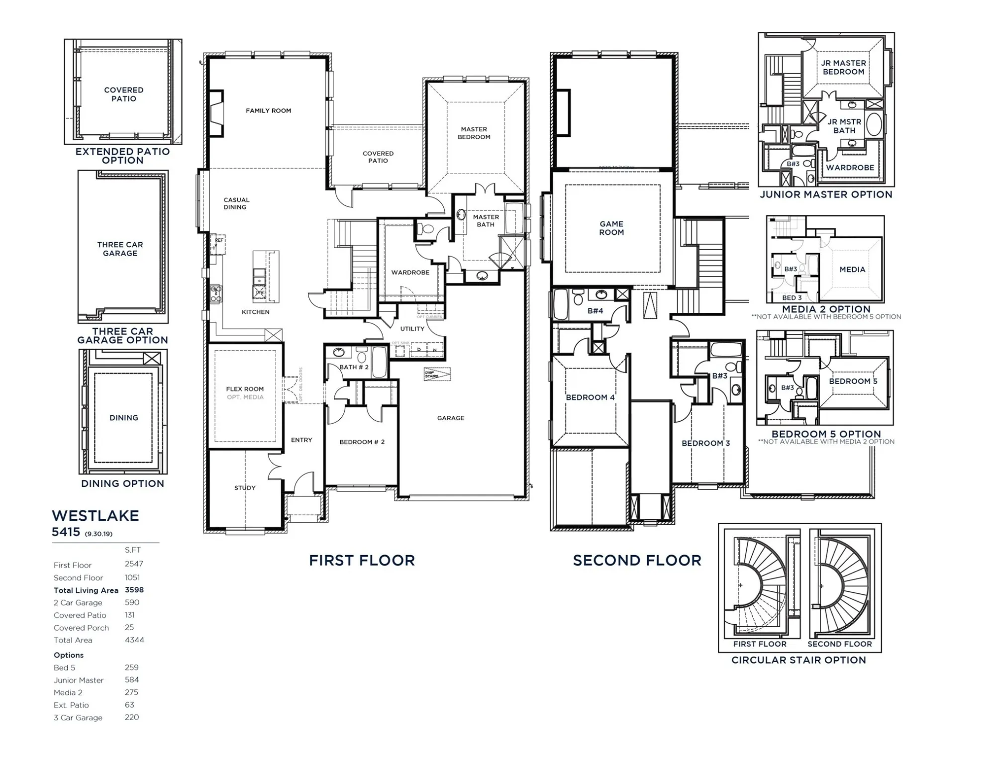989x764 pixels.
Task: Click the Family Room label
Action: pyautogui.click(x=268, y=111)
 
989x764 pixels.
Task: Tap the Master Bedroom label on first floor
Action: pyautogui.click(x=474, y=133)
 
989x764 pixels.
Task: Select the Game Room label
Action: pyautogui.click(x=611, y=228)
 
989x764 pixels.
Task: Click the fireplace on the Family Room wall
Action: pyautogui.click(x=215, y=113)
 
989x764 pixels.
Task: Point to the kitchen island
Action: pyautogui.click(x=265, y=277)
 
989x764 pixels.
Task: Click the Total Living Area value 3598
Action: pyautogui.click(x=134, y=590)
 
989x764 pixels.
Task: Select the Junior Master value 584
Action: pyautogui.click(x=132, y=680)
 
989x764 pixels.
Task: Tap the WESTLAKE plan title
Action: pyautogui.click(x=96, y=516)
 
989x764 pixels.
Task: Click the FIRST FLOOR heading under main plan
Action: pyautogui.click(x=362, y=561)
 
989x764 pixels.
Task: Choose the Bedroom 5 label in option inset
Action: pyautogui.click(x=853, y=382)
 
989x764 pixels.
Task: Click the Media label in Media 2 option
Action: pyautogui.click(x=852, y=270)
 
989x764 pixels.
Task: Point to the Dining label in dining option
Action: pyautogui.click(x=123, y=418)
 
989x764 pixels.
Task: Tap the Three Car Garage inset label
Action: pyautogui.click(x=120, y=249)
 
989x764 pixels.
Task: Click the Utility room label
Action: pyautogui.click(x=412, y=329)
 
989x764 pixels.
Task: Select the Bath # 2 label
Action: pyautogui.click(x=354, y=367)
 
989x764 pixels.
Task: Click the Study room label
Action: pyautogui.click(x=245, y=488)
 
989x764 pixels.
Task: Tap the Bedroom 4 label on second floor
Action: pyautogui.click(x=590, y=397)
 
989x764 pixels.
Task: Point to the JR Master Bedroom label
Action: pyautogui.click(x=843, y=67)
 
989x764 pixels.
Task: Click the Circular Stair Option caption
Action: pyautogui.click(x=798, y=660)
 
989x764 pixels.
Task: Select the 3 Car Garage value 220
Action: pyautogui.click(x=132, y=717)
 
